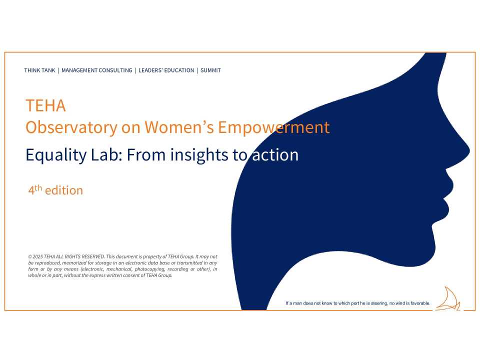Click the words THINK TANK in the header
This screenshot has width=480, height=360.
tap(39, 70)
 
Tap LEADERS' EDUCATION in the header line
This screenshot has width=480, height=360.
tap(166, 70)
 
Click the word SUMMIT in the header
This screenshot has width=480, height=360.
tap(210, 70)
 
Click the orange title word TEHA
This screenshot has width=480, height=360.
tap(45, 106)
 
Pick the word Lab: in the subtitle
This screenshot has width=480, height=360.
tap(106, 155)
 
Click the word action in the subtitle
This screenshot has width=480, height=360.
tap(275, 155)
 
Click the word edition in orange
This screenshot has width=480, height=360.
tap(64, 190)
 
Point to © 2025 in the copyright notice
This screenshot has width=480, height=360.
tap(35, 256)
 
